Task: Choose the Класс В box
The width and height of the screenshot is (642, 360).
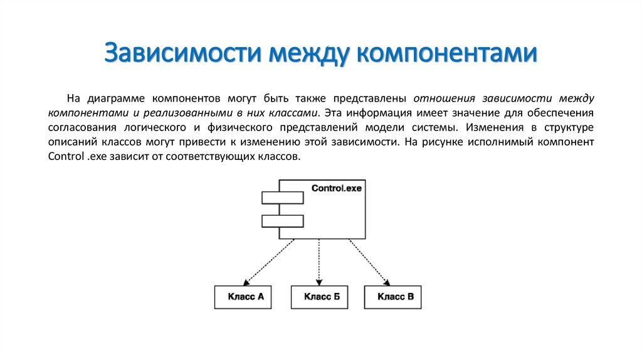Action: tap(395, 297)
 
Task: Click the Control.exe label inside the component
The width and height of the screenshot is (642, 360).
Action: tap(337, 188)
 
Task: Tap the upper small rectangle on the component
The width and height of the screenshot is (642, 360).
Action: tap(283, 198)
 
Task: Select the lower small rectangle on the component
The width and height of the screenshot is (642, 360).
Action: tap(283, 221)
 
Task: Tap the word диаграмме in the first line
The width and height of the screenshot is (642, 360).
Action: tap(115, 99)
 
